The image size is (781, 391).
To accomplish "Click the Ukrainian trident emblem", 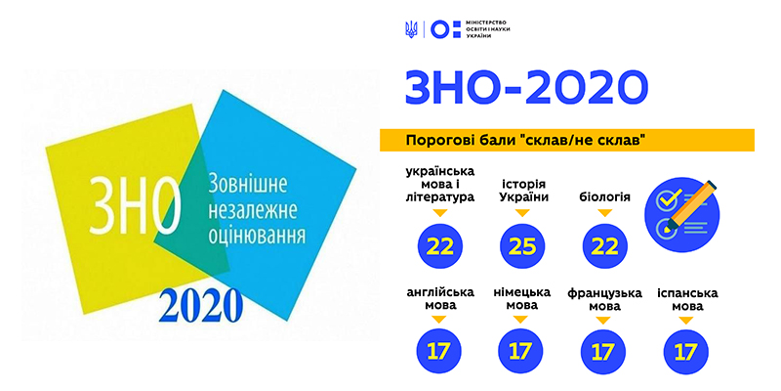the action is tap(411, 30).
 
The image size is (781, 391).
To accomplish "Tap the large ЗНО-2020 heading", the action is tap(526, 88).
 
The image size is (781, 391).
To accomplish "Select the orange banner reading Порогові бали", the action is tap(567, 140).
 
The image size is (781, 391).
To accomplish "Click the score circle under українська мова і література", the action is tap(440, 246).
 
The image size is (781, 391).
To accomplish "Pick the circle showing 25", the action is tap(522, 246).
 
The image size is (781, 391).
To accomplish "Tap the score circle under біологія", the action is tap(605, 246).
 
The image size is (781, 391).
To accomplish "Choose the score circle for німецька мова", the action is tap(521, 352).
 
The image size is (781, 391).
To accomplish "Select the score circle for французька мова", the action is tap(603, 352).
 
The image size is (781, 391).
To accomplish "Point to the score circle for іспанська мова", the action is tap(686, 352).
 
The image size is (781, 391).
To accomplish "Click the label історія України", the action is tap(522, 190).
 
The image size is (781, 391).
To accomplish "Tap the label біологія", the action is tap(604, 197).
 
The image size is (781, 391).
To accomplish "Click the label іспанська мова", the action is tap(687, 299).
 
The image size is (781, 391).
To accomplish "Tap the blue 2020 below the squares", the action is tap(201, 306).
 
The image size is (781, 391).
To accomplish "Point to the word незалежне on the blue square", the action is tap(253, 210).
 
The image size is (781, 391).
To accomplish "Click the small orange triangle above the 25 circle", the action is tap(522, 213).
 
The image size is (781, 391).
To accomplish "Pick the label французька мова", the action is tap(604, 299).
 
